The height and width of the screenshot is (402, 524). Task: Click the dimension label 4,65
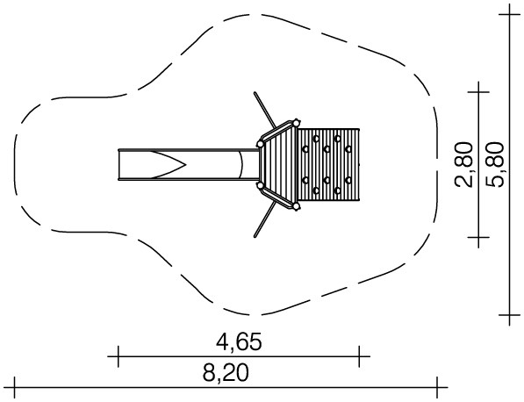[239, 341]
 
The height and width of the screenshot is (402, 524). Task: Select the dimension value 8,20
[226, 372]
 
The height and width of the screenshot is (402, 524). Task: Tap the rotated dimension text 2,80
[463, 164]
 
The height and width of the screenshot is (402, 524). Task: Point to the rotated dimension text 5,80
[494, 164]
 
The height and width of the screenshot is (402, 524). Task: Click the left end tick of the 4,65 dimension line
[118, 356]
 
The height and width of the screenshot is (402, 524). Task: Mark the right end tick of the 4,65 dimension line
[359, 356]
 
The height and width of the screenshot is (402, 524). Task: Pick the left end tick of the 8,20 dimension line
[15, 388]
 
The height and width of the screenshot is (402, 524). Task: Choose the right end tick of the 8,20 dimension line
[437, 388]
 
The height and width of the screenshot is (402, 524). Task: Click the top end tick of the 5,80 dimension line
[510, 15]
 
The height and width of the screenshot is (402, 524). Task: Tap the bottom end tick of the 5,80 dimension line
[510, 315]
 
